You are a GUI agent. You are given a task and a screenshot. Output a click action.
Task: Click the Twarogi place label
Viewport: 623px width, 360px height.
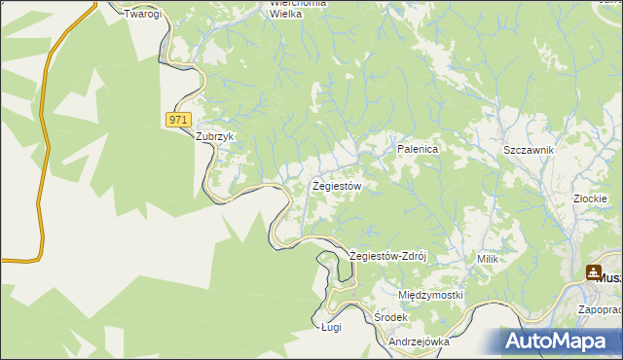click(142, 14)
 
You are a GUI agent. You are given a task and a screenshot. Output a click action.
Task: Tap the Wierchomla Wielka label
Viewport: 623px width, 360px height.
click(298, 9)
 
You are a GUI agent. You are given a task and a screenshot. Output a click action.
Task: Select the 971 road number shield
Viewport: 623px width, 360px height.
click(176, 119)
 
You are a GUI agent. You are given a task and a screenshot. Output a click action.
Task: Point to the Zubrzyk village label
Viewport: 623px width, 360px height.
click(216, 137)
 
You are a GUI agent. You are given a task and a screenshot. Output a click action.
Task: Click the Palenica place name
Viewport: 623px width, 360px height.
click(419, 150)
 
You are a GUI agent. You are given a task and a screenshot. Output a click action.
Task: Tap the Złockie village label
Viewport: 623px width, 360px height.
click(591, 198)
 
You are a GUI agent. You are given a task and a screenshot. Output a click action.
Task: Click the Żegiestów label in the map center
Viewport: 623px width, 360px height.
click(337, 185)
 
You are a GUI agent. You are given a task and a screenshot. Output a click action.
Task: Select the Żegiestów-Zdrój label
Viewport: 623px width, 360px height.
click(387, 256)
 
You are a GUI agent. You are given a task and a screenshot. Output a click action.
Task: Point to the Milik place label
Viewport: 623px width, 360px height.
click(488, 259)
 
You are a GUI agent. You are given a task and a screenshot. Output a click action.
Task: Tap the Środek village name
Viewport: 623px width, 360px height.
click(390, 318)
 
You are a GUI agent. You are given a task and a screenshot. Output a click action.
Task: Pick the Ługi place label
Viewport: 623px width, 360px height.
click(331, 329)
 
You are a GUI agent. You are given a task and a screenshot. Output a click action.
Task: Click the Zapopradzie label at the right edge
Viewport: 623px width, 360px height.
click(600, 310)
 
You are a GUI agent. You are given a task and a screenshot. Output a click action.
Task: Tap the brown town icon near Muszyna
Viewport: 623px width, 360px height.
click(593, 275)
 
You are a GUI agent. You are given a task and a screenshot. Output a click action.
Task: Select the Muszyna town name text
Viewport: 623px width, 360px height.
click(610, 277)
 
